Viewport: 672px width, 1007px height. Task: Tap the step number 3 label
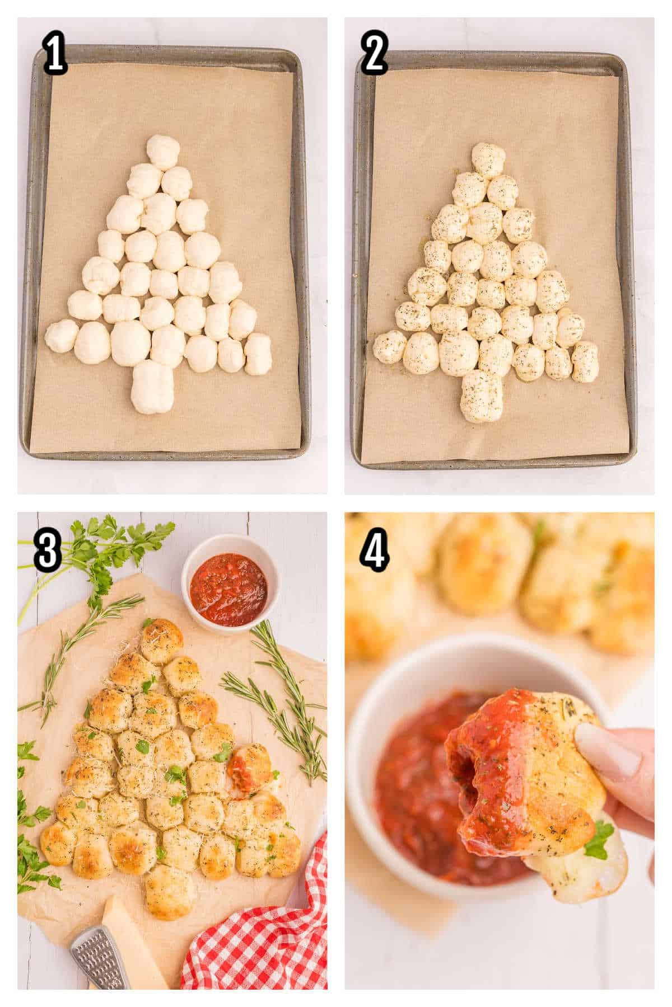pyautogui.click(x=48, y=551)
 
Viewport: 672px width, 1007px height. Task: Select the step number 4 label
pyautogui.click(x=375, y=551)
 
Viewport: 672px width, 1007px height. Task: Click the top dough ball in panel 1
pyautogui.click(x=164, y=152)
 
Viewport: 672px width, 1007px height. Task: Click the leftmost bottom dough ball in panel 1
pyautogui.click(x=62, y=336)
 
